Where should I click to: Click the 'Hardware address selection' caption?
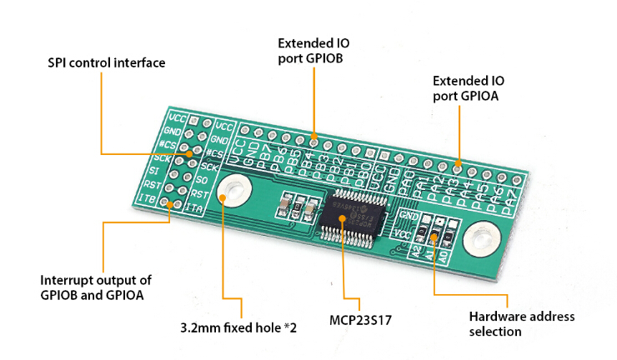point(521,324)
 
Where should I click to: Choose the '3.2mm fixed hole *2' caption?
point(238,327)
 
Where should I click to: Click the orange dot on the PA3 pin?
point(458,162)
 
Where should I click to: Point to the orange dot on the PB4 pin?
point(314,136)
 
